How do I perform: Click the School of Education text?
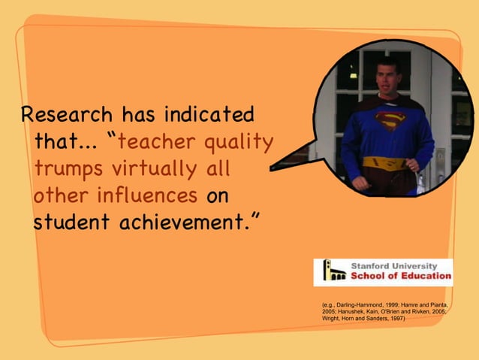pyautogui.click(x=400, y=276)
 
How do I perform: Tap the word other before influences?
pyautogui.click(x=61, y=197)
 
